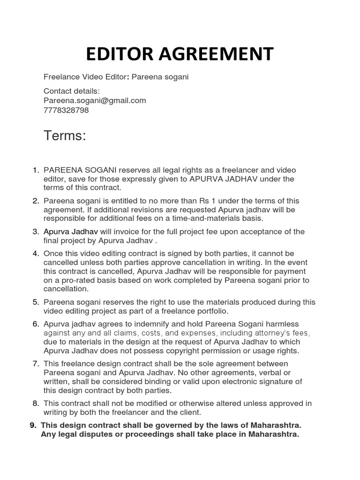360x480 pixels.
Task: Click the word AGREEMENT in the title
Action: point(216,54)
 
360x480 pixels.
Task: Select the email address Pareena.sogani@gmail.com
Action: point(95,100)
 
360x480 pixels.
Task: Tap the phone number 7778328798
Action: point(66,110)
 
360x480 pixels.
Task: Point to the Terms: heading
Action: point(65,136)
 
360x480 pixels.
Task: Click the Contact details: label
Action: point(72,91)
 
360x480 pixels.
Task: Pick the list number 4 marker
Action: point(36,254)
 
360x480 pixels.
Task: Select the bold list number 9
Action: point(33,425)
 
